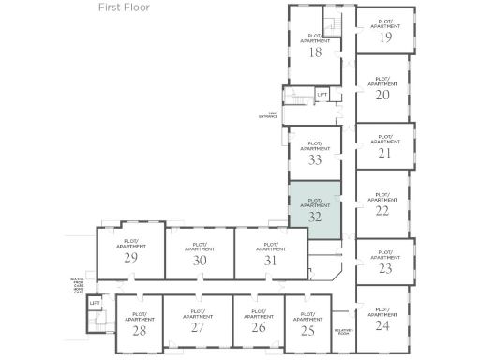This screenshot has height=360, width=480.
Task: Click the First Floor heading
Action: (124, 7)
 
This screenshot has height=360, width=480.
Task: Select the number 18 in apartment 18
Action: (315, 52)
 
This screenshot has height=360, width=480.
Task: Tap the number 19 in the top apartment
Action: (384, 37)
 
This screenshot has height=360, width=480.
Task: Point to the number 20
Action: (382, 95)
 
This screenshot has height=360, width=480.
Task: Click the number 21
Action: (383, 153)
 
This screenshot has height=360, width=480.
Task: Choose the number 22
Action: (382, 211)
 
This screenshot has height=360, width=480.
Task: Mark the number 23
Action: (384, 268)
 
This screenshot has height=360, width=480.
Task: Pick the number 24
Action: (382, 326)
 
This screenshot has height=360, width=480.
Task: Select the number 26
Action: (258, 328)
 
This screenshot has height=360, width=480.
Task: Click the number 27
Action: (197, 328)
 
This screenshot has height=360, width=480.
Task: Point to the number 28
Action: (139, 330)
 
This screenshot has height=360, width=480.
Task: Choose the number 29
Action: (131, 258)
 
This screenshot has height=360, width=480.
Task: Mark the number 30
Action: (199, 261)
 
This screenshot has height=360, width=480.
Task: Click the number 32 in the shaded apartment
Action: (315, 216)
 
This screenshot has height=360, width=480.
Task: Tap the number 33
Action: (315, 159)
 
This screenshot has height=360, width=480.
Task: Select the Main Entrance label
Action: (268, 115)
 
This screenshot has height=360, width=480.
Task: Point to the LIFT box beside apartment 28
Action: (95, 304)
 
